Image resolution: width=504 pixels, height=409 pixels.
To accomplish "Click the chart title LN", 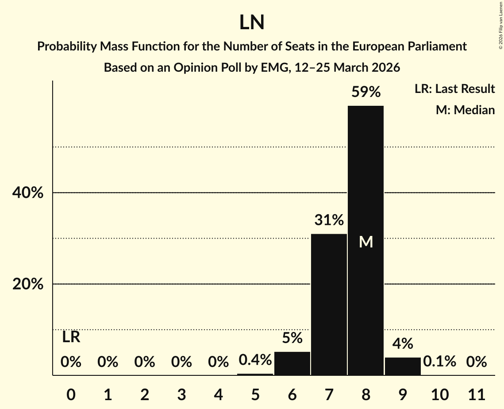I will click(252, 22).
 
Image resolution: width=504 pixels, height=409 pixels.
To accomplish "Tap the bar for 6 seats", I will click(292, 363).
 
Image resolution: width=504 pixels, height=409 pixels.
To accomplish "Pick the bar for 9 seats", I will click(403, 366).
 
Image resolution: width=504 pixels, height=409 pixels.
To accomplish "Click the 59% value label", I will click(365, 92).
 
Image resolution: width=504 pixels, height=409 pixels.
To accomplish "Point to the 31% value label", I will click(329, 220).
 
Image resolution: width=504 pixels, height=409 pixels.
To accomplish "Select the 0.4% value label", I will click(255, 360).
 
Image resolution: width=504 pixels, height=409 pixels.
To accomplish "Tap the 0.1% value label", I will click(439, 362).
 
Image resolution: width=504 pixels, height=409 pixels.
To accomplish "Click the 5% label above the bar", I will click(292, 338).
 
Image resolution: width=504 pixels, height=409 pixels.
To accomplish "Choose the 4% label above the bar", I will click(403, 343).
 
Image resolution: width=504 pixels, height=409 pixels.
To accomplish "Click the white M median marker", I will click(366, 242).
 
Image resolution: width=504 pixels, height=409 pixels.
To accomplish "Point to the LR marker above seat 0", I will click(71, 337).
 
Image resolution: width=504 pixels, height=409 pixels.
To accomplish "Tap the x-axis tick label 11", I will click(476, 394).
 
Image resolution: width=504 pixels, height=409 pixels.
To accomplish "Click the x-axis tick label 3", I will click(181, 394).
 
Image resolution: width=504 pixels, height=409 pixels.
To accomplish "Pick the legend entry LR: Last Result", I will click(454, 89).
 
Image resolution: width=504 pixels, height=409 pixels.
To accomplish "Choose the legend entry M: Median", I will click(465, 110).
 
